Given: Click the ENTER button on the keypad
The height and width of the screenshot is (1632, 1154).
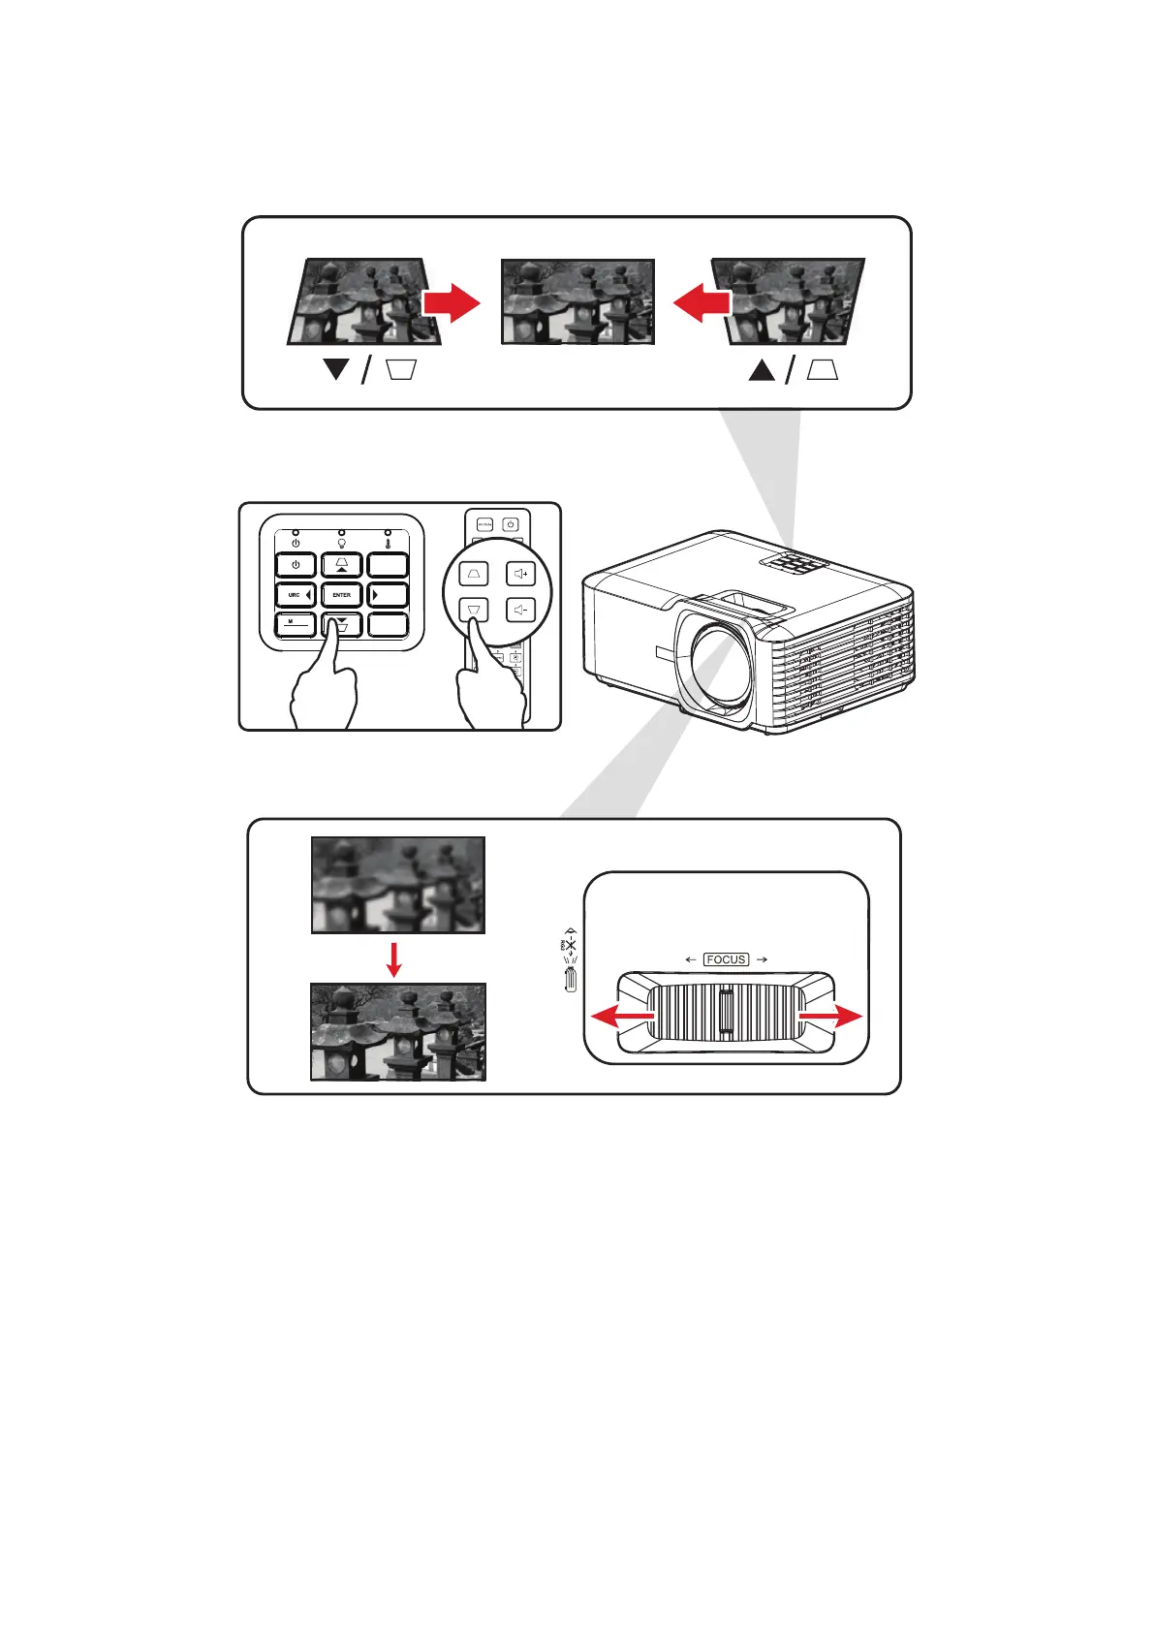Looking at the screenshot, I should tap(342, 595).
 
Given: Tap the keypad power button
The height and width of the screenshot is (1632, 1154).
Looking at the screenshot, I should tap(296, 565).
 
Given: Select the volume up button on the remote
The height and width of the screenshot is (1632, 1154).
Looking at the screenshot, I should tap(521, 574).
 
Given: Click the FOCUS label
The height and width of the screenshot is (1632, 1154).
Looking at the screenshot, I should tap(726, 959).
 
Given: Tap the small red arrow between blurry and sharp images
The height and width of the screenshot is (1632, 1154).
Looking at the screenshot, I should tap(393, 958).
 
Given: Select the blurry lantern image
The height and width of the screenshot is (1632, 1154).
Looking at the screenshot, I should tap(397, 885).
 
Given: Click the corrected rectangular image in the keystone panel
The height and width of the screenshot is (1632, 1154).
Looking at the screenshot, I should tap(577, 301).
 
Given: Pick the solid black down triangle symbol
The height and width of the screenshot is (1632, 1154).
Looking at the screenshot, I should tap(337, 369).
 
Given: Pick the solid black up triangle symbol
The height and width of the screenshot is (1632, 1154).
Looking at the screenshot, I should tap(762, 369).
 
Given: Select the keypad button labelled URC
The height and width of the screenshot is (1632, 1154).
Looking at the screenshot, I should tap(296, 595).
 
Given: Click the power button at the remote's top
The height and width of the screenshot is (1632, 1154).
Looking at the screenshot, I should tap(511, 524).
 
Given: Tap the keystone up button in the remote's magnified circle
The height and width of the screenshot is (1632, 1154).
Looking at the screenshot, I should tap(474, 574).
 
